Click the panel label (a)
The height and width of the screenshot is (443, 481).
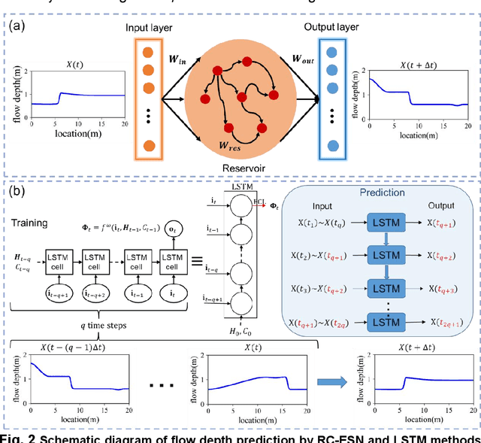(19, 28)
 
